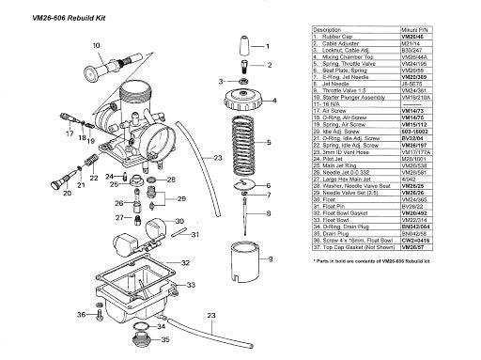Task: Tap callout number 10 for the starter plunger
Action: coord(96,44)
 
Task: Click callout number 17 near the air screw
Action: coord(70,134)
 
